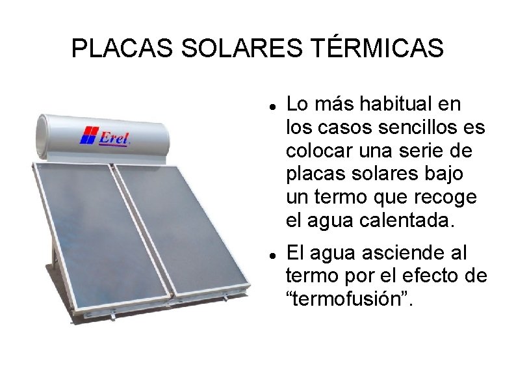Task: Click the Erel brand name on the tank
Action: [x=114, y=137]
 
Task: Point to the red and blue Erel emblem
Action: [x=88, y=135]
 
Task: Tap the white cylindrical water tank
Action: [x=104, y=137]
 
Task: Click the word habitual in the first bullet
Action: [x=399, y=103]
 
